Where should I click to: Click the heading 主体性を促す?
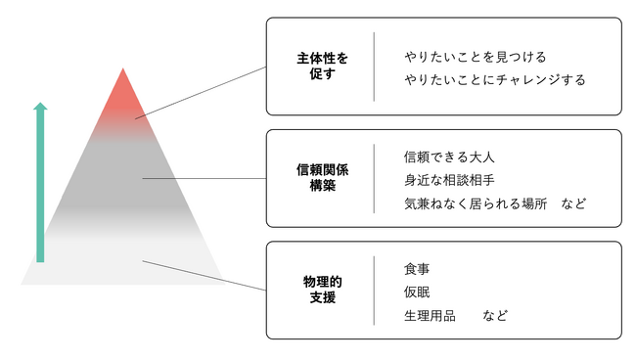coord(322,66)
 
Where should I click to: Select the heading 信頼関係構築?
coord(322,177)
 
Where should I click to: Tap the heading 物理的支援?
coord(322,290)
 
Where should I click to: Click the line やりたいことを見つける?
coord(475,57)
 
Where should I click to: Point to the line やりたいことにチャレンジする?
coord(494,80)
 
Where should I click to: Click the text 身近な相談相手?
coord(449,180)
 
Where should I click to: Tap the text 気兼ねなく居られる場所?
coord(471,204)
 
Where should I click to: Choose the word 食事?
coord(417,268)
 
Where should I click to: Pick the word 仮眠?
coord(417,292)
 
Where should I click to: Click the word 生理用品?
coord(430,316)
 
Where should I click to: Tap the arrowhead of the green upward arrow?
coord(40,107)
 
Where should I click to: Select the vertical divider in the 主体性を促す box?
coord(374,67)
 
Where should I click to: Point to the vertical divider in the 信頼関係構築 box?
coord(374,178)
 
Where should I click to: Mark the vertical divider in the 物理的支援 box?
coord(374,291)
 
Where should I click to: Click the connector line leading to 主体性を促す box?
coord(201,92)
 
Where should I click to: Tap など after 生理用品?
coord(495,316)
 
